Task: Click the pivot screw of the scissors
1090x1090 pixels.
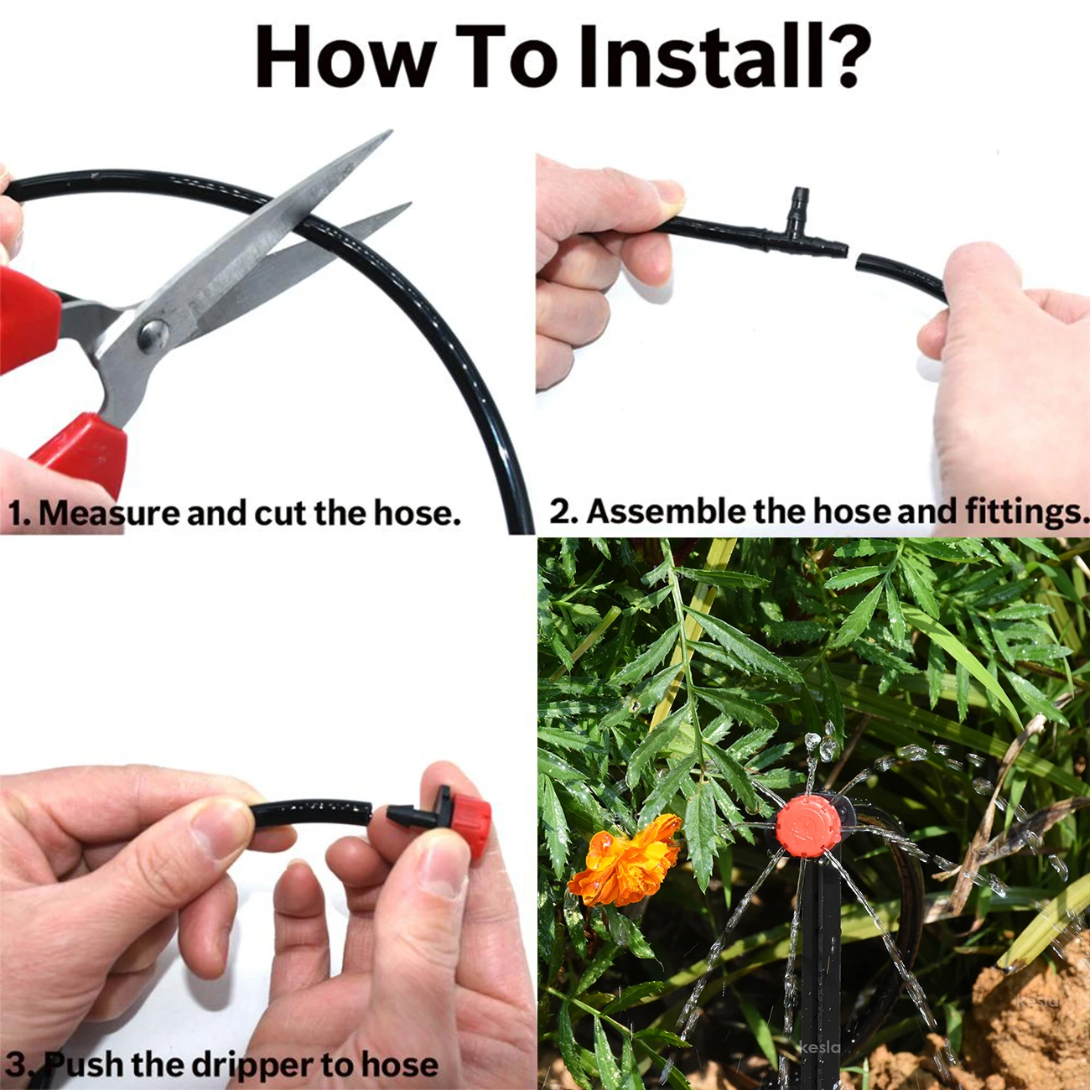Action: pos(153,335)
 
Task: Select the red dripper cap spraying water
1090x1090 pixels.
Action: pos(807,825)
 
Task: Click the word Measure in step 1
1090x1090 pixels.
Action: pos(110,513)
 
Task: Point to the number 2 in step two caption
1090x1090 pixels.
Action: pos(562,511)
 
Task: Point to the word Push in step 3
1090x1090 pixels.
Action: pos(85,1064)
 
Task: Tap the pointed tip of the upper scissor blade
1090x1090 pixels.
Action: pos(388,133)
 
